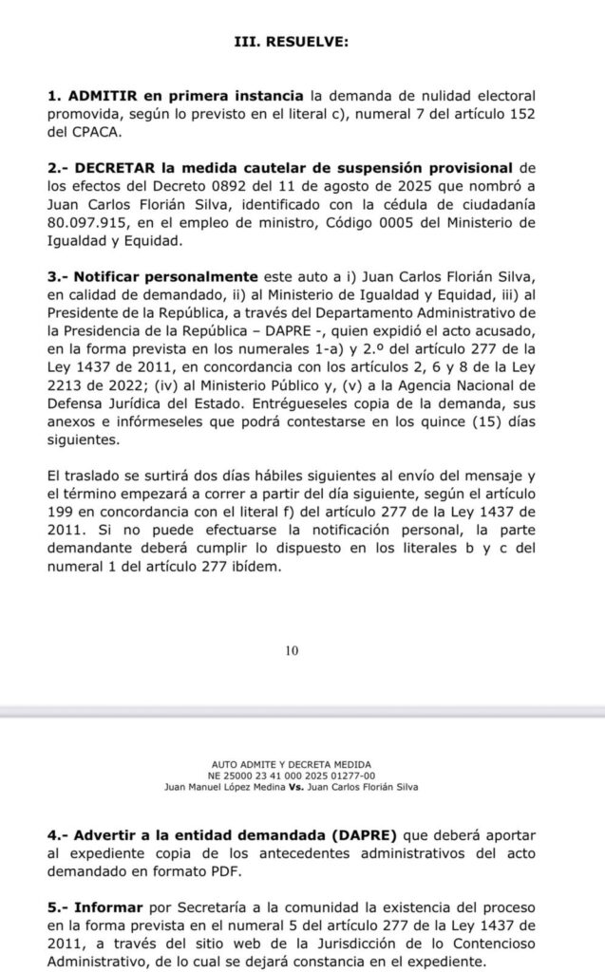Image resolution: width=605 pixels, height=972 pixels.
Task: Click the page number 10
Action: (x=292, y=650)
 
